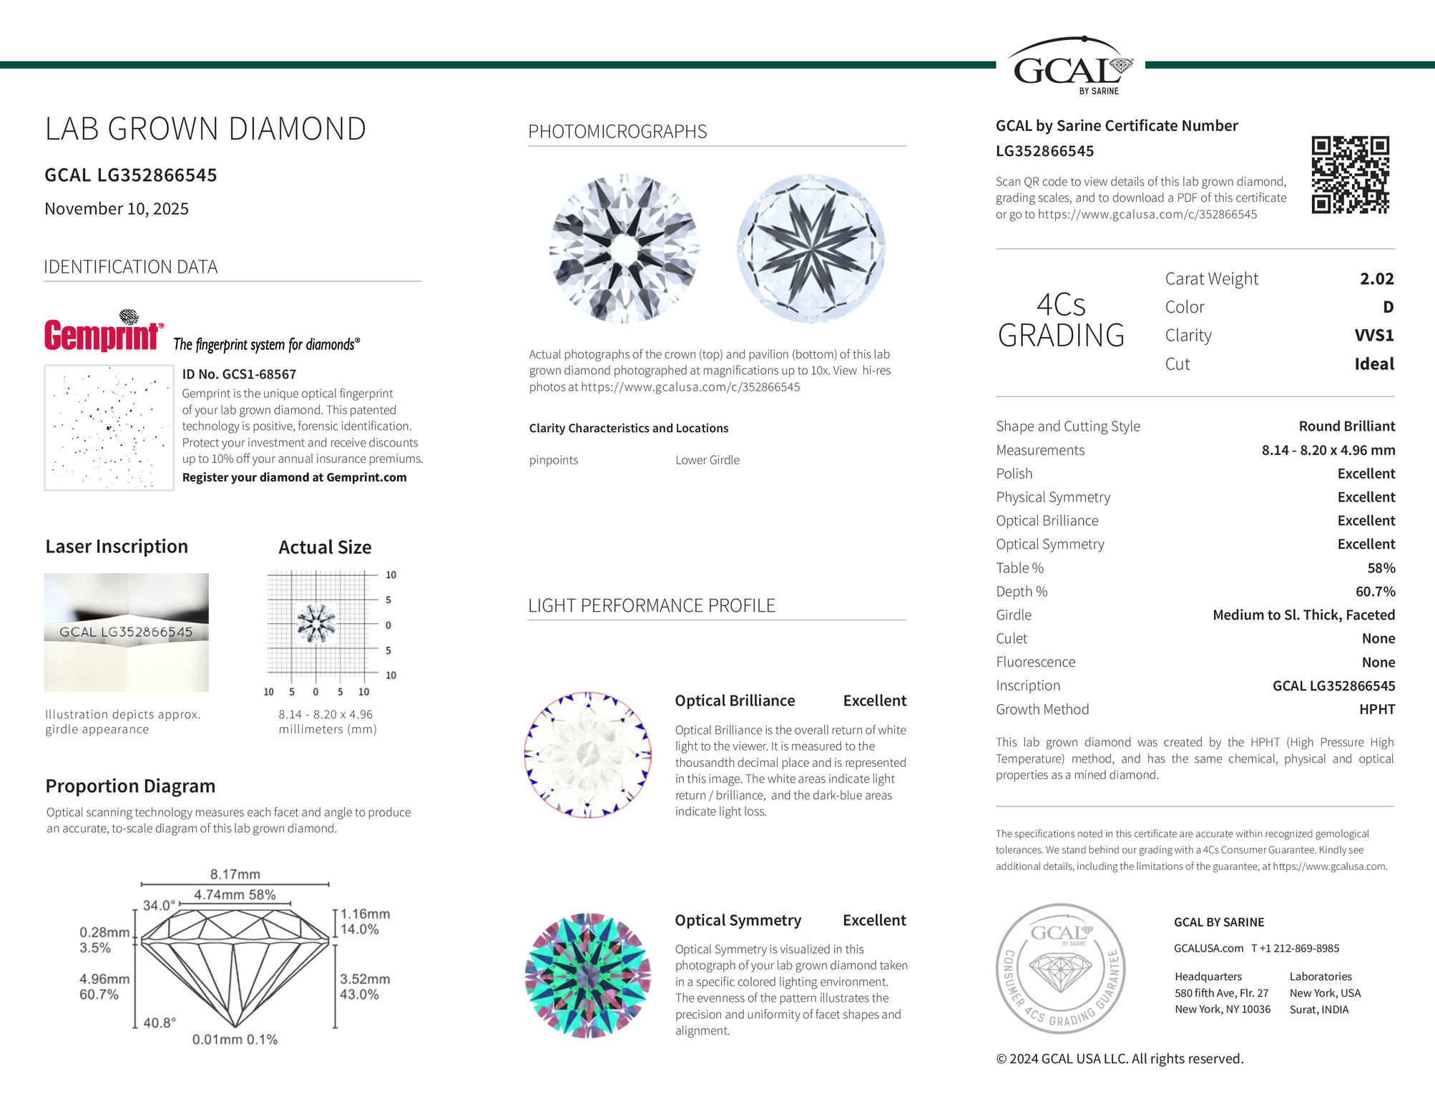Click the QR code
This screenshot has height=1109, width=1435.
point(1350,175)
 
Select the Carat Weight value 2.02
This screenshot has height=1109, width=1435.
point(1376,279)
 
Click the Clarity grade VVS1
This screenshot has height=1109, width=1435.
point(1373,336)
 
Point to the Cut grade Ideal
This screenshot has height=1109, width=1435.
point(1373,364)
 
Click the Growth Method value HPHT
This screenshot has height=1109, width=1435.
point(1376,710)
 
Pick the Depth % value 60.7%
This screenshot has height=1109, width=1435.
point(1375,592)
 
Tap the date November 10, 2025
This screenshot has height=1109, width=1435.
point(117,209)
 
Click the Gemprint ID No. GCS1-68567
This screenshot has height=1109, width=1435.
point(239,374)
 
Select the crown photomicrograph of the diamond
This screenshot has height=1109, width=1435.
point(625,248)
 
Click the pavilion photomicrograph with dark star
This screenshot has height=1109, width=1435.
point(810,248)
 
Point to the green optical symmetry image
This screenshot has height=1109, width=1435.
point(588,975)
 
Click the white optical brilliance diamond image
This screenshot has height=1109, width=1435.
point(588,755)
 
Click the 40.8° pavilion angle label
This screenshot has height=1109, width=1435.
point(160,1023)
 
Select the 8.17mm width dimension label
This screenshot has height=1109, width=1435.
point(235,874)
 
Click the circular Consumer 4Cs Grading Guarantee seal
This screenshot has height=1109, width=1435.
point(1061,968)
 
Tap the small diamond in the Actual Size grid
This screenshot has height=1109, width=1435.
point(315,623)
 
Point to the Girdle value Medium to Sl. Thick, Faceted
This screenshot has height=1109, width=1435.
point(1303,615)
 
